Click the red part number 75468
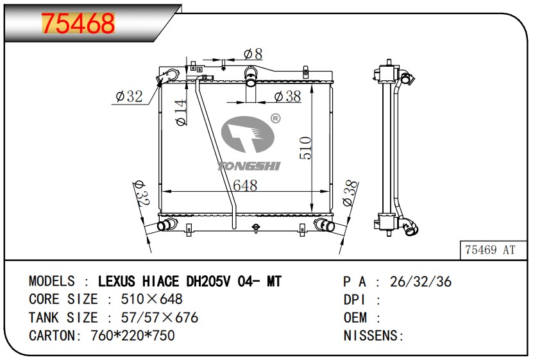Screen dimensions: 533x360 click(x=78, y=24)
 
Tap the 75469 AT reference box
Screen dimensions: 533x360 click(x=490, y=250)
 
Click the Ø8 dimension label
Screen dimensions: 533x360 click(x=253, y=54)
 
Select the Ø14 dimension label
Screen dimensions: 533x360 click(x=181, y=112)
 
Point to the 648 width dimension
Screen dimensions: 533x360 click(x=245, y=185)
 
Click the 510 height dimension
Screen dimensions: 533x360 click(x=305, y=148)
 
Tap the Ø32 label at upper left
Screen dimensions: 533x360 click(x=129, y=96)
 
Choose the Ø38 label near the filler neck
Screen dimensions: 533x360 click(x=287, y=96)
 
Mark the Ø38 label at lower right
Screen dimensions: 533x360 click(x=351, y=193)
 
